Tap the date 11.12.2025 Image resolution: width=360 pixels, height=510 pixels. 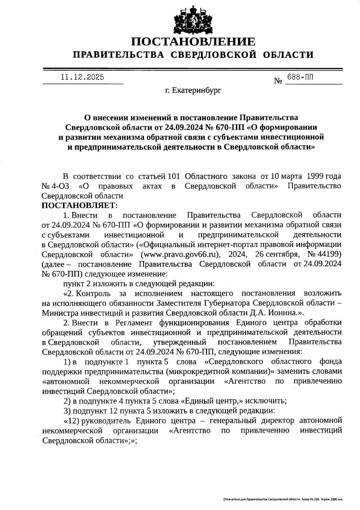(82, 77)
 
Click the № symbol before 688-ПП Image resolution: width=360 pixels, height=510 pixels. (278, 81)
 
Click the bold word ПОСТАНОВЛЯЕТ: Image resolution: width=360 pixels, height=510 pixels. (80, 205)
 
